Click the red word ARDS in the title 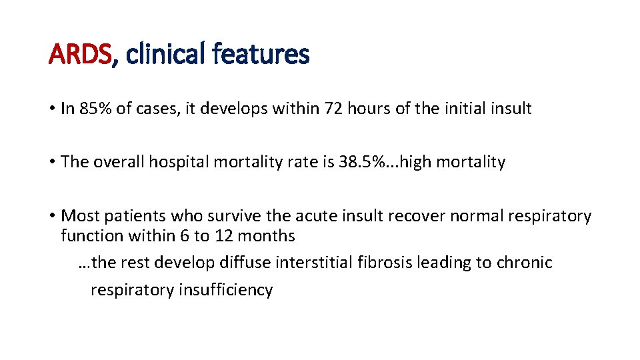(79, 54)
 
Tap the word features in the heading (261, 54)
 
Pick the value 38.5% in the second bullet (368, 162)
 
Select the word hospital (179, 162)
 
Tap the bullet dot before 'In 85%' (51, 109)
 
